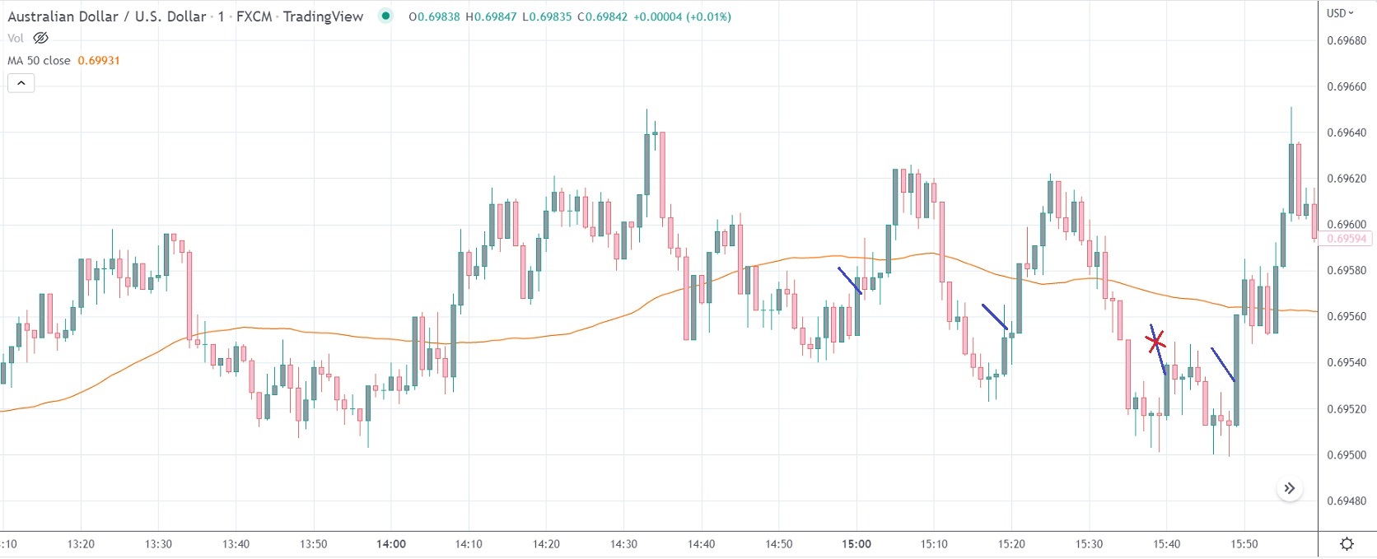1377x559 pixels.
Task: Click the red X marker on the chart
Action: point(1155,340)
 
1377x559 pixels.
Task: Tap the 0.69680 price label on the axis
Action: point(1346,41)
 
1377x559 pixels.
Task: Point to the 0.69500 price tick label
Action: point(1346,455)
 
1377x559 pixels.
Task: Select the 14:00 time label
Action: point(391,544)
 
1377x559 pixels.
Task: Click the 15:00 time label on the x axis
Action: point(857,544)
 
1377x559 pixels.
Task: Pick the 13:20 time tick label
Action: point(81,544)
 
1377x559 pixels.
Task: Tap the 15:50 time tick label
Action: point(1244,544)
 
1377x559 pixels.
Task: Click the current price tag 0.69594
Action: point(1346,239)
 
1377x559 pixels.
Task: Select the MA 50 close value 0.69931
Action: point(99,61)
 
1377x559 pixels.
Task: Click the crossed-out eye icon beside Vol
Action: point(40,38)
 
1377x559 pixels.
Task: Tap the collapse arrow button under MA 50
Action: point(21,82)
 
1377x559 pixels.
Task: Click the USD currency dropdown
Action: point(1340,13)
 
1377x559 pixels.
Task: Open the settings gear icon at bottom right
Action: point(1347,543)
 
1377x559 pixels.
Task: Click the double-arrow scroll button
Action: point(1290,488)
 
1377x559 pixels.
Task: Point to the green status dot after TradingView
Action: point(385,16)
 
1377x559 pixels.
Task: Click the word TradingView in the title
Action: point(323,16)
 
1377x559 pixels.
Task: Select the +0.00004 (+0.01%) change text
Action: point(682,16)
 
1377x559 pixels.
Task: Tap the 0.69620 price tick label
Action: point(1346,179)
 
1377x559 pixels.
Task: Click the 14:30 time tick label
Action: point(623,544)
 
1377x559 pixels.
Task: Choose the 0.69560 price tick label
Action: point(1346,317)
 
